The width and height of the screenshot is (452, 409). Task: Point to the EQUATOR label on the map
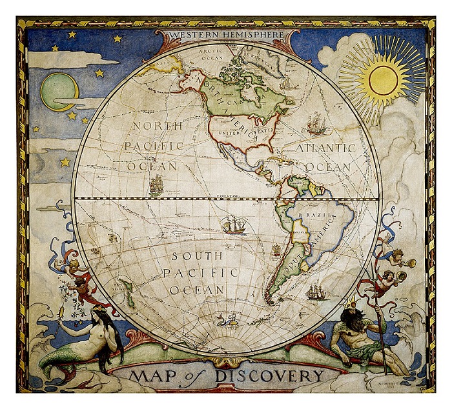(x=227, y=194)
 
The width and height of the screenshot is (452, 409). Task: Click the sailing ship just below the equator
(x=233, y=225)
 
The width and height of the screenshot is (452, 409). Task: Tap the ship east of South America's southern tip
(x=315, y=292)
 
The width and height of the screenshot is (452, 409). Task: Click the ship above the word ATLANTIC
(x=316, y=123)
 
